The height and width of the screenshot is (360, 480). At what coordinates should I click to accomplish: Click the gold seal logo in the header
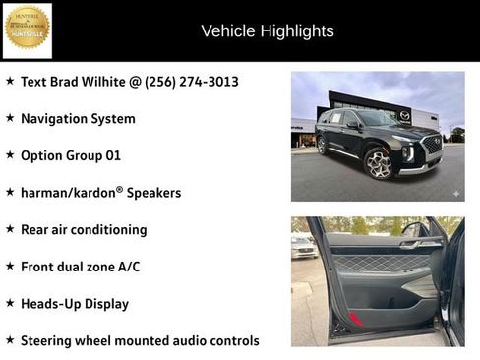coord(27,30)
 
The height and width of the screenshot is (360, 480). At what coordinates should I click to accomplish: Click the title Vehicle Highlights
coord(268,31)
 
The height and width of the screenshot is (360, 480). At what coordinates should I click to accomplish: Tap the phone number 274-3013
coord(210,82)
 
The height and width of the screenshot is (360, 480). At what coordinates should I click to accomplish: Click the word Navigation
coord(59,119)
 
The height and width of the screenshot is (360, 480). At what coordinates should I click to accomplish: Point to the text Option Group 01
coord(71,155)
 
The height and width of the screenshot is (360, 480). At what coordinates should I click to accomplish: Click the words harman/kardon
coord(67,193)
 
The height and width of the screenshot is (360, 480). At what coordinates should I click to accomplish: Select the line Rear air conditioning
coord(84,230)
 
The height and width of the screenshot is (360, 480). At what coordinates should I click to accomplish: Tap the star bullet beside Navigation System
coord(10,118)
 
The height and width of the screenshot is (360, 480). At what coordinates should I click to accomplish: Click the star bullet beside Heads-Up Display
coord(10,303)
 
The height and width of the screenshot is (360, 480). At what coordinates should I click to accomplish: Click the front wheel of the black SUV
coord(379,162)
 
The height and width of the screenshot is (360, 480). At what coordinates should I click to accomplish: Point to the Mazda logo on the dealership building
coord(404,114)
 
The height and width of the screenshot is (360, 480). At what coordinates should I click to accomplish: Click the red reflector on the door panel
coord(355,320)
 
